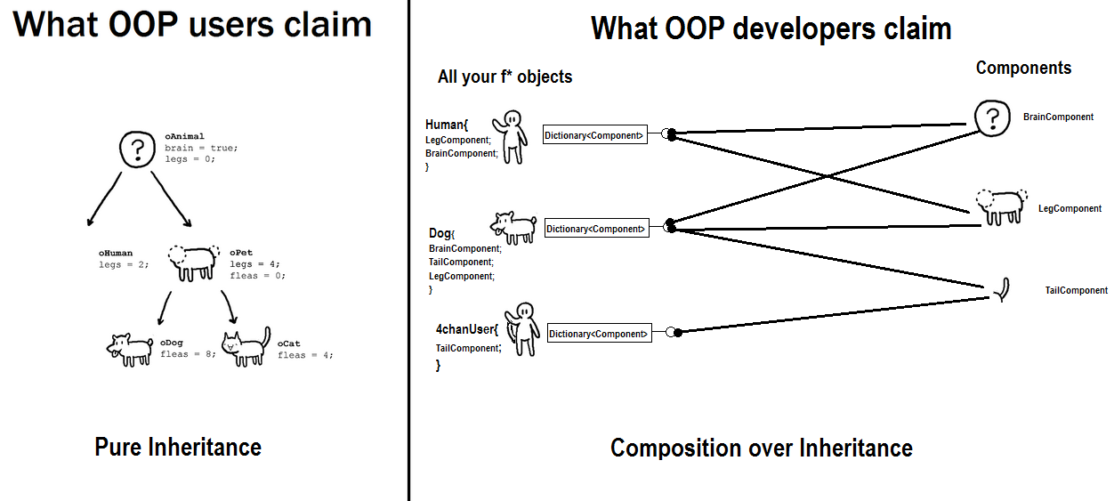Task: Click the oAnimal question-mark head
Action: tap(137, 149)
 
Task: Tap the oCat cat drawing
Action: tap(246, 347)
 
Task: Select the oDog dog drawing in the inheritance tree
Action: tap(130, 350)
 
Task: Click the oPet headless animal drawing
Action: tap(193, 263)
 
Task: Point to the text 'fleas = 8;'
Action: tap(188, 354)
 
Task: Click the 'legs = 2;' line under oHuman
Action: tap(124, 264)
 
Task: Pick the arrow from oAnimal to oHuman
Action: tap(104, 199)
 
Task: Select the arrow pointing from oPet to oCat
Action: tap(230, 307)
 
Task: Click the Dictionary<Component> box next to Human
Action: tap(594, 134)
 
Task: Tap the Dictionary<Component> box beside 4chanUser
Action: tap(600, 334)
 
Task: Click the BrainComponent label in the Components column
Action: tap(1058, 117)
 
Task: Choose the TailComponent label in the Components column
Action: tap(1077, 291)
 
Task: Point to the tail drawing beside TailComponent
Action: tap(1004, 290)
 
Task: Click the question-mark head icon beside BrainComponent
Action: tap(992, 118)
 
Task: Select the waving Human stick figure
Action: tap(510, 137)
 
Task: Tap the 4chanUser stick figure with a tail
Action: tap(522, 329)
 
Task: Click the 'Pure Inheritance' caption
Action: tap(178, 447)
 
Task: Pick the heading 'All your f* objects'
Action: tap(505, 77)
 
